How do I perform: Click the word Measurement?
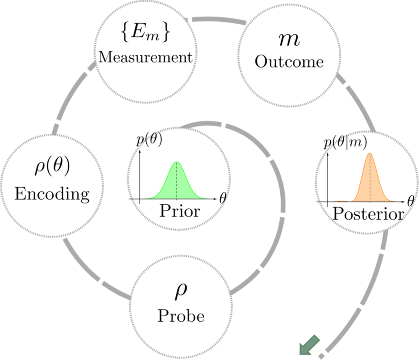[x=145, y=57]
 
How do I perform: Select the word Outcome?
[x=289, y=62]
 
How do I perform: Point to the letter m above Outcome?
[x=289, y=40]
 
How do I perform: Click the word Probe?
[x=181, y=316]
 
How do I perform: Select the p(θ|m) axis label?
[x=345, y=142]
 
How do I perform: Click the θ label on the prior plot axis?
[x=223, y=198]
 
